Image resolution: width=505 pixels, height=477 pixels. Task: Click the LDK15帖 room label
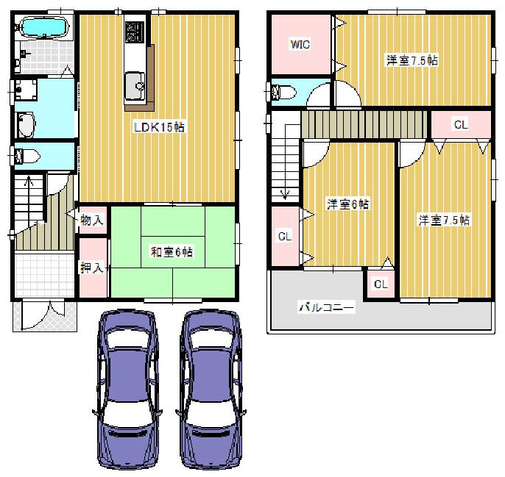158,127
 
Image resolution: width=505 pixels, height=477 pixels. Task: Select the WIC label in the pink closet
300,45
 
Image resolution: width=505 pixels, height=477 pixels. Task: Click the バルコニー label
326,307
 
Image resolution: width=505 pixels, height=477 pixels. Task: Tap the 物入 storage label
91,219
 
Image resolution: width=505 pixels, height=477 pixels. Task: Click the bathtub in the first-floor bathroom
42,29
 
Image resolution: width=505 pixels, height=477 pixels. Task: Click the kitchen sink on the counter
136,84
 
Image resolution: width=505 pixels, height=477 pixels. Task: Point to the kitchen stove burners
133,32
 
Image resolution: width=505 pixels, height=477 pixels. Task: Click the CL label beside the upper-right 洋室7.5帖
460,125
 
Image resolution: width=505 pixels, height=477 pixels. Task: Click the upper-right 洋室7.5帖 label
412,61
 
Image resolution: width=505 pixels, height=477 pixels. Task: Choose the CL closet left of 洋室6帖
284,236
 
